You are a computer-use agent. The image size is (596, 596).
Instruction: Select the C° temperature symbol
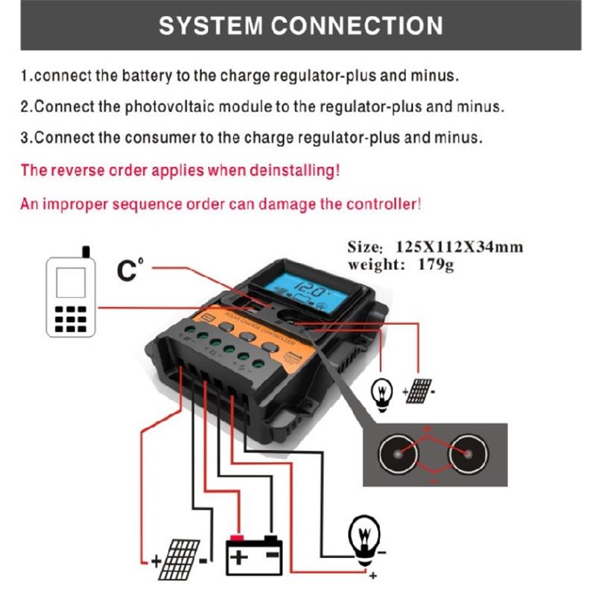(128, 270)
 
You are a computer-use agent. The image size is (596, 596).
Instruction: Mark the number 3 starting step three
(25, 139)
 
